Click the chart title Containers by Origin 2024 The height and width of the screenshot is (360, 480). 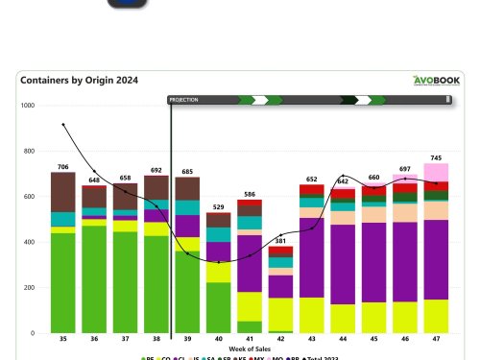[79, 81]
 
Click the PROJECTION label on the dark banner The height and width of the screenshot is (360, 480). [185, 99]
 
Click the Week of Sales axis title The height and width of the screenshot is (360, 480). [249, 348]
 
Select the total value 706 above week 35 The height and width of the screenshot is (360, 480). [63, 166]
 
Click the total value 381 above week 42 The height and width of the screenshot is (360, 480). [280, 240]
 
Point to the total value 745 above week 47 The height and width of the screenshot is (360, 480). [436, 157]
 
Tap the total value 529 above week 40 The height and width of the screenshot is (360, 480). [218, 206]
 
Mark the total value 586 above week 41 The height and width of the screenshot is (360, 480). [250, 193]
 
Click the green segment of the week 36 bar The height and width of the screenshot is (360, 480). [94, 278]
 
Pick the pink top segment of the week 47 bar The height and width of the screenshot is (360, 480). [436, 172]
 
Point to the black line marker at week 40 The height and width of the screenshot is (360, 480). [219, 262]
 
